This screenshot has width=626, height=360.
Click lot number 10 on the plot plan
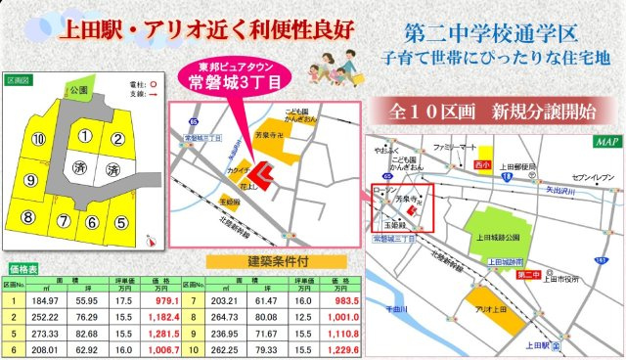(x=38, y=141)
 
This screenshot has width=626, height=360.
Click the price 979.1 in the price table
(x=163, y=301)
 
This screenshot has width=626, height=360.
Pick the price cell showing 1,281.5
(x=162, y=333)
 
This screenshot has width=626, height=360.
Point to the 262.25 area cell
(x=227, y=348)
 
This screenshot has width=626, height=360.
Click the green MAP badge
(x=604, y=142)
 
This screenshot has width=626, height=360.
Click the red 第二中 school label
(x=527, y=275)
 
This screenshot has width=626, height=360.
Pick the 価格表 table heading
(x=22, y=266)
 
